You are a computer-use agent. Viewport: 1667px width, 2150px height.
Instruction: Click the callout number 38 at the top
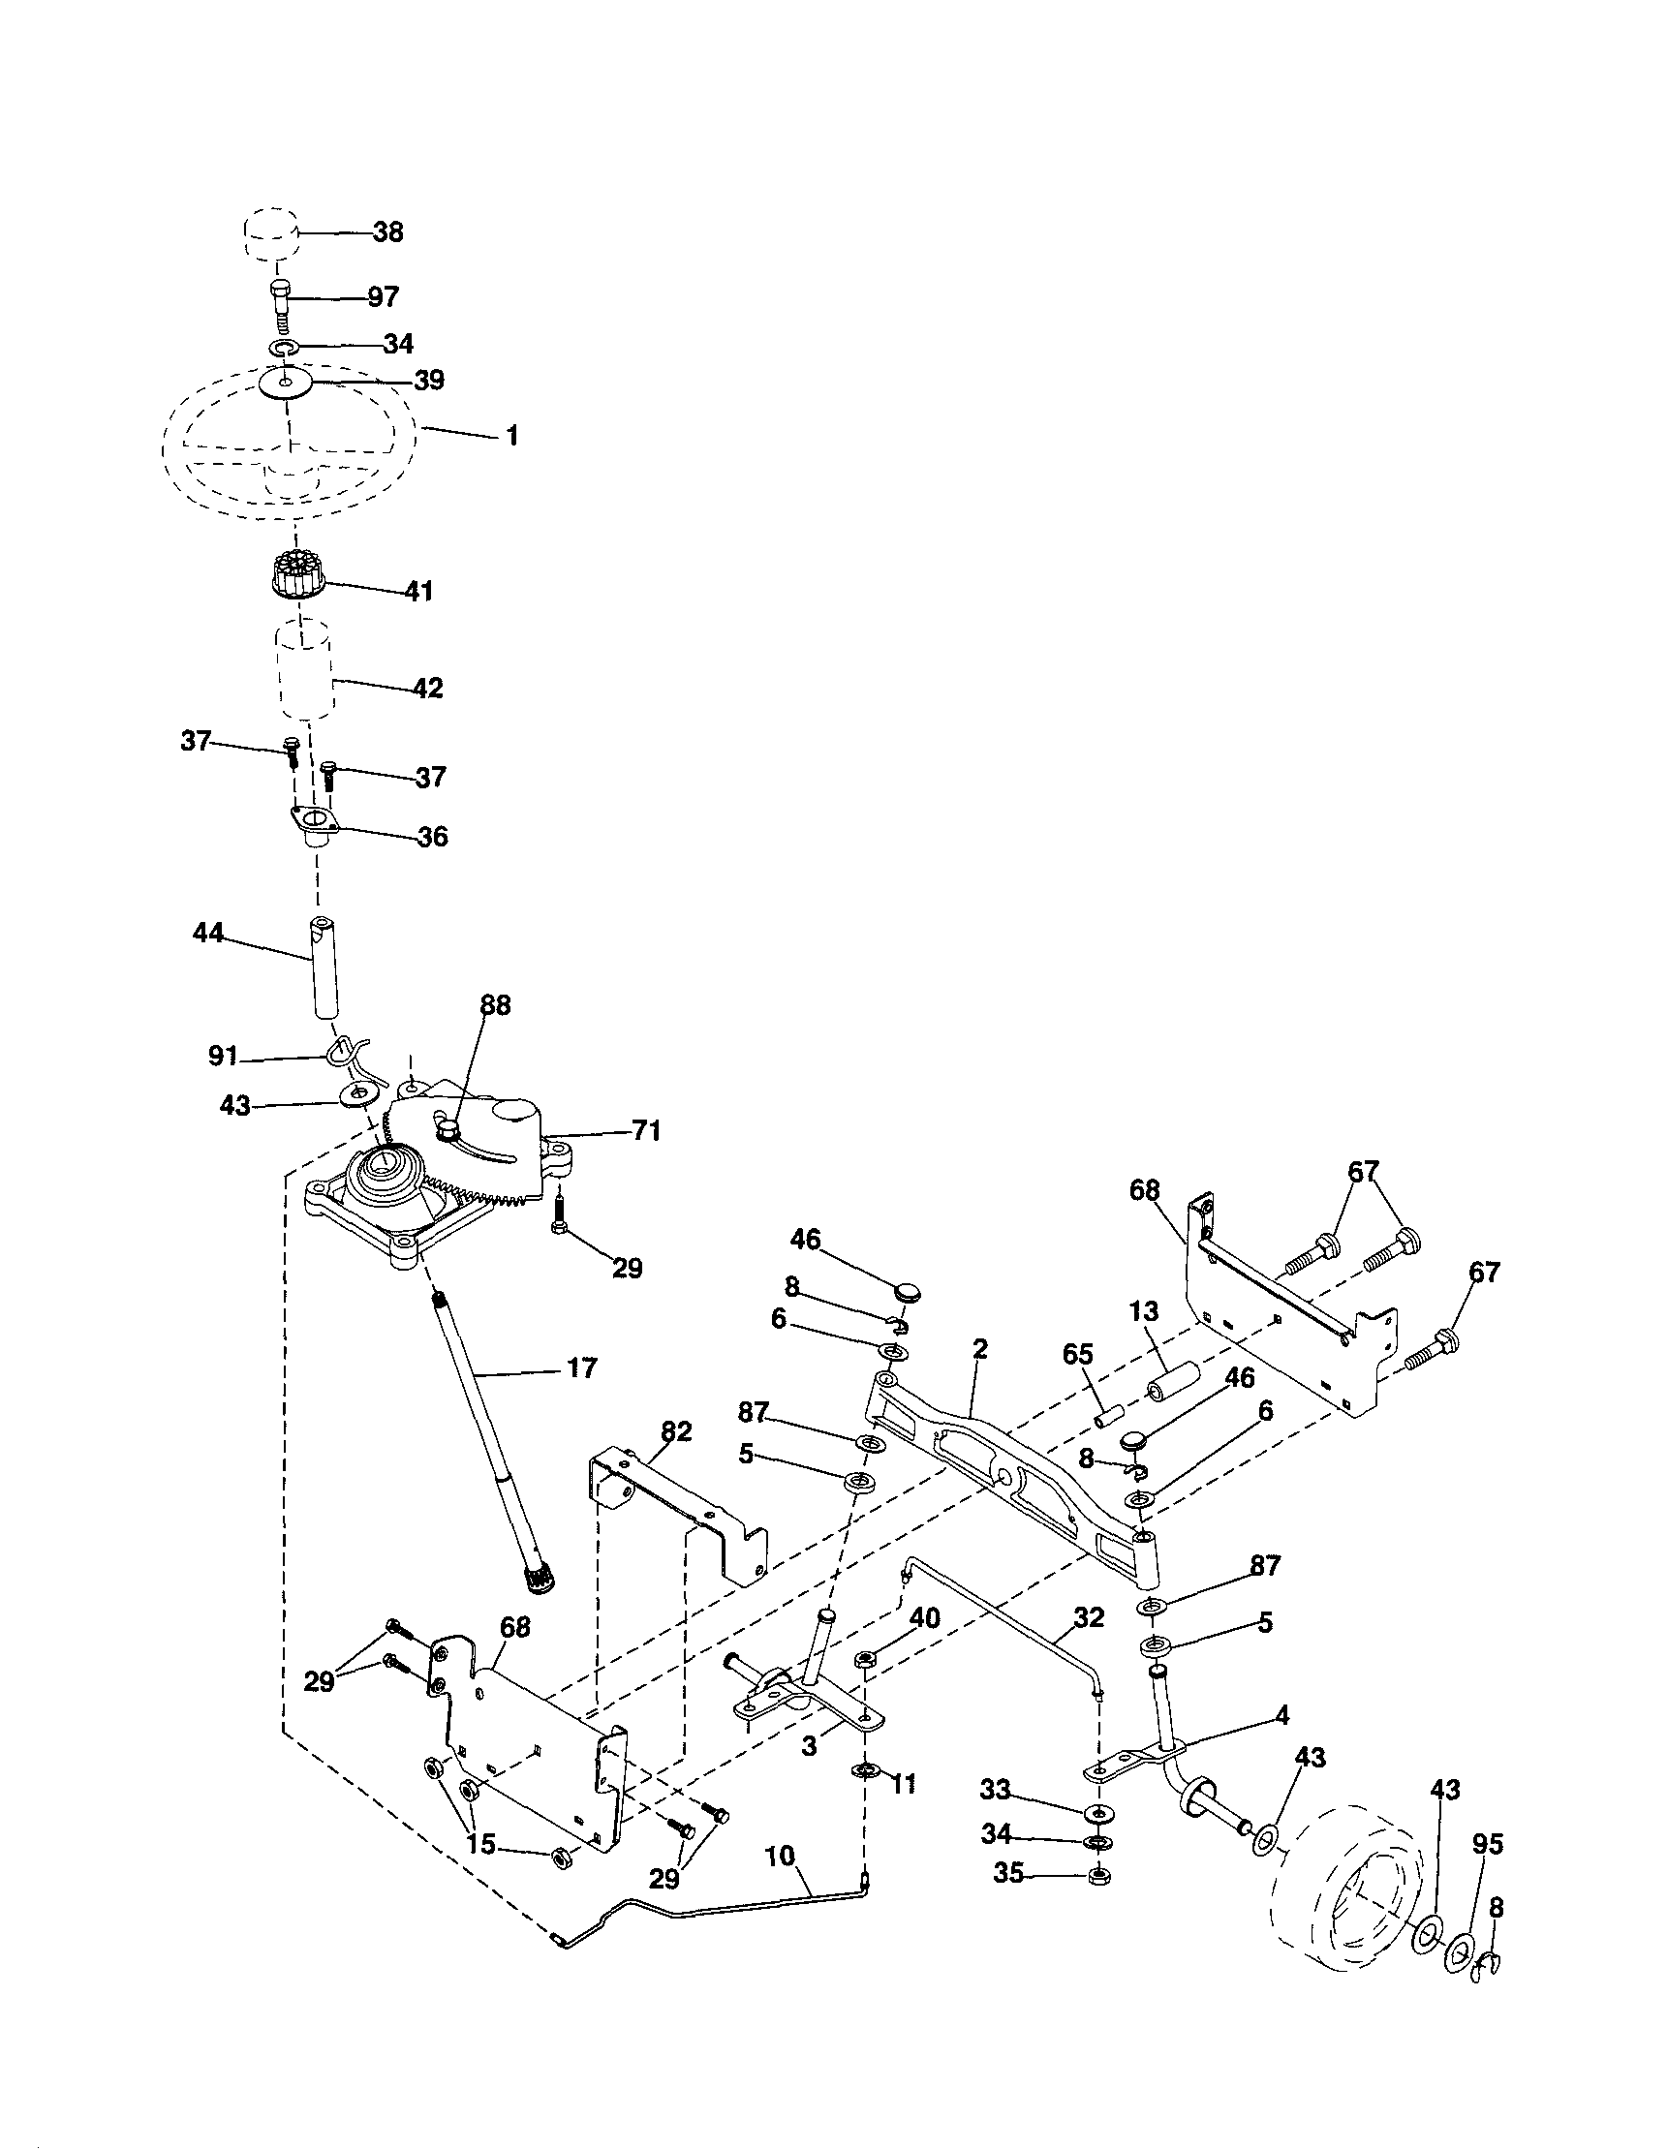point(388,232)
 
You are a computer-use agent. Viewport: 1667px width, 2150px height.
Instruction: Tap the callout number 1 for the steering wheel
point(511,435)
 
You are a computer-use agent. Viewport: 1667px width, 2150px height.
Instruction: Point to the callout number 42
point(427,688)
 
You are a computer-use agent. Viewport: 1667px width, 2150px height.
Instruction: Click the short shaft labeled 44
point(324,967)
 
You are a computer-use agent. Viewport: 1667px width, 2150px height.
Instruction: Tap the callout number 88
point(495,1006)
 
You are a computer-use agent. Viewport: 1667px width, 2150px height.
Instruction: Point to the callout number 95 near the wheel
point(1488,1843)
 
